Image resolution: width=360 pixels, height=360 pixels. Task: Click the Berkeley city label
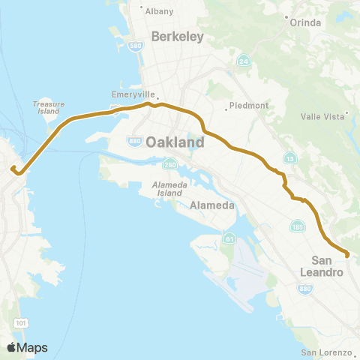[x=178, y=36]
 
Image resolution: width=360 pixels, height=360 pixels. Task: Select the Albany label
[x=157, y=11]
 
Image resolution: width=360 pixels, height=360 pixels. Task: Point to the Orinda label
[x=306, y=22]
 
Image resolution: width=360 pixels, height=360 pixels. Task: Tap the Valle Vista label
[x=322, y=116]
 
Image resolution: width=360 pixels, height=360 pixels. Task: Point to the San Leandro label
[x=326, y=265]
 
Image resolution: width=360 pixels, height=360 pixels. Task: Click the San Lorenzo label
[x=325, y=352]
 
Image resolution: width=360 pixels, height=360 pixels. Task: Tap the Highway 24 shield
[x=244, y=61]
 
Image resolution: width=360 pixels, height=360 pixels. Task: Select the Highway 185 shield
[x=295, y=225]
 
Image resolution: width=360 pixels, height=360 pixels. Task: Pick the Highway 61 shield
[x=227, y=238]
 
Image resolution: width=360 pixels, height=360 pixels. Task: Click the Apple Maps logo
[x=27, y=347]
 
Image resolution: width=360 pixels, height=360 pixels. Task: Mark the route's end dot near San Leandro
[x=347, y=255]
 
